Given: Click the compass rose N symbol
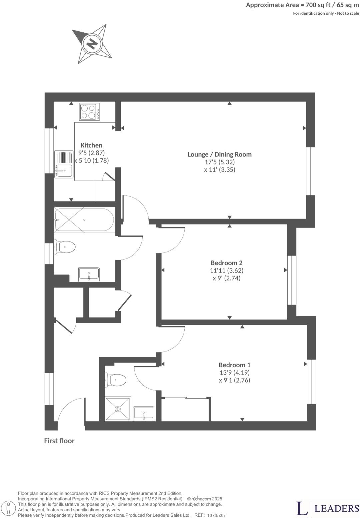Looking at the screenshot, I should (x=92, y=44).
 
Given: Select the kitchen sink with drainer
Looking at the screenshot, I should (x=63, y=164).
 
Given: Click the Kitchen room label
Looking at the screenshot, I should (x=91, y=145).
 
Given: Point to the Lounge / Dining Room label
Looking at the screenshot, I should (x=219, y=154).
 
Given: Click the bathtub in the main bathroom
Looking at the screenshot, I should (x=84, y=219).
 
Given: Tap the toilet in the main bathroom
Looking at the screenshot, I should (x=65, y=247).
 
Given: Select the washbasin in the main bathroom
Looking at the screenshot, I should (x=89, y=275).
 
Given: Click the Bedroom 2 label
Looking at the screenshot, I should (x=226, y=263).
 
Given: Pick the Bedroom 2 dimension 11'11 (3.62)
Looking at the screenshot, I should (x=226, y=271).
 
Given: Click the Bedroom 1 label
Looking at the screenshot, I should (x=234, y=365).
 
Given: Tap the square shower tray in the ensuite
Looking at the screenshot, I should (x=118, y=409).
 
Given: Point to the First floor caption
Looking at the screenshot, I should (x=59, y=441).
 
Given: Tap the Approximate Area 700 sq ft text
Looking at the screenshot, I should (x=302, y=5).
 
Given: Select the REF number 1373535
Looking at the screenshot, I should (x=216, y=515).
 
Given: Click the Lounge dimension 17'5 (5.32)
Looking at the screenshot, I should (x=219, y=162).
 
